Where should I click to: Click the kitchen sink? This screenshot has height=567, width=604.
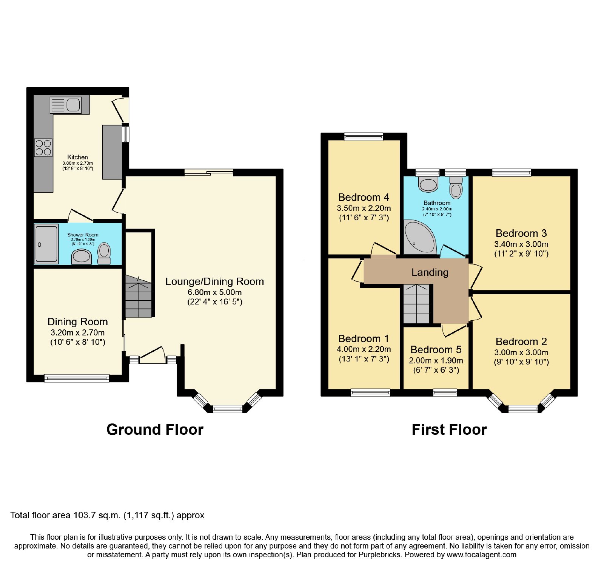point(66,105)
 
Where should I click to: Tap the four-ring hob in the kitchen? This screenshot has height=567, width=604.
point(43,148)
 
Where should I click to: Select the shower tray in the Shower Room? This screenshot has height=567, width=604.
point(46,244)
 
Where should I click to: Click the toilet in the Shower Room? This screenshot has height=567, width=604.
point(104,253)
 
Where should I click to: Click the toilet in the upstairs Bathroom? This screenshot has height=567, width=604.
point(456,187)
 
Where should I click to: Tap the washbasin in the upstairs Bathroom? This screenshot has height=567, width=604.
point(428,184)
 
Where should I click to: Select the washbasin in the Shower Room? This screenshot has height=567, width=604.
point(82,256)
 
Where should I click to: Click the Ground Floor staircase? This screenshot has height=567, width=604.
point(138,297)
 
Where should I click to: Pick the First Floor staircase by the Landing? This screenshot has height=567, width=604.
point(416,304)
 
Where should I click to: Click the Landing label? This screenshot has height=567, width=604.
point(430,272)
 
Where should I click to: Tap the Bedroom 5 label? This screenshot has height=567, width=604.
point(436,349)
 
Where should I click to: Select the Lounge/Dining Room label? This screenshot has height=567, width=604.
point(214,281)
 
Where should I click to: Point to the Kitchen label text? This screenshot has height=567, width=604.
point(77,157)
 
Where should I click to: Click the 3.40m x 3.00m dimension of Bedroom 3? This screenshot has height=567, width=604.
point(521,244)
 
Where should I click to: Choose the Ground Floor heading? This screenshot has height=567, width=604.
point(155,429)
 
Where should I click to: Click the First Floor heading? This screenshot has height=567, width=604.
point(449,429)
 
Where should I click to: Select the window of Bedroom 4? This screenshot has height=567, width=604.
point(364,136)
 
